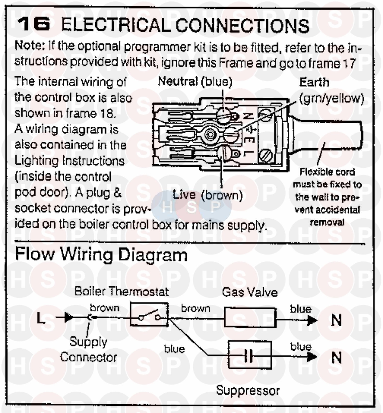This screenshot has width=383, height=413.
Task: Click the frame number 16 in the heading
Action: pos(33,24)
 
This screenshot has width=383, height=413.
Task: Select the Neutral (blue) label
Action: pos(195,82)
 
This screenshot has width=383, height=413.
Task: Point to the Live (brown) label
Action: pos(207,195)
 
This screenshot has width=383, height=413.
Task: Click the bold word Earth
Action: pos(314,82)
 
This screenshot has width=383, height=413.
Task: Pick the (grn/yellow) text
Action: pos(331,98)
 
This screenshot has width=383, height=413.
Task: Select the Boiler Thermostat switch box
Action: pos(149,314)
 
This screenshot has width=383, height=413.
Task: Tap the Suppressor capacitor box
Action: pos(249,355)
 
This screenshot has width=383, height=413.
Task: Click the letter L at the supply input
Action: pos(41,318)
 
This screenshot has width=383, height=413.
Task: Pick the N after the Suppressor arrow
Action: pos(336,357)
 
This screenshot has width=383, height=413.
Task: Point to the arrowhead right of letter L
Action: pos(68,318)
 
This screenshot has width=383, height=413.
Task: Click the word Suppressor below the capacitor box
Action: pos(248,391)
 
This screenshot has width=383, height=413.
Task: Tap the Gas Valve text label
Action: pos(250,292)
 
